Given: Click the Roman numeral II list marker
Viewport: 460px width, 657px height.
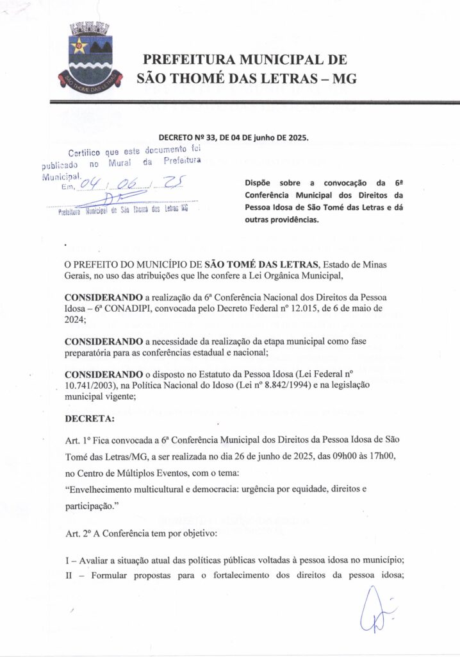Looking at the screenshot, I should (70, 576).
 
